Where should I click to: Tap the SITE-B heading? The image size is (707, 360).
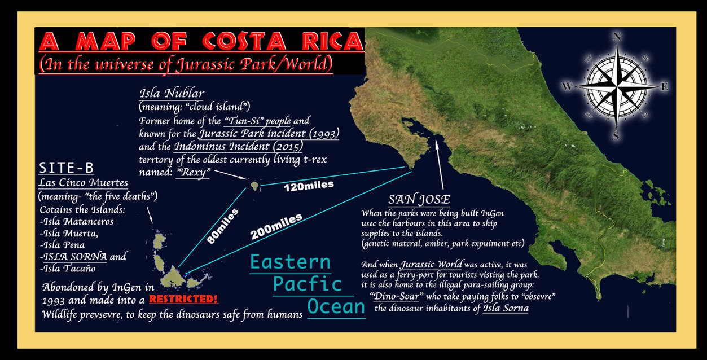click(x=66, y=168)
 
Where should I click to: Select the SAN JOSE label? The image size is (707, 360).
click(x=419, y=200)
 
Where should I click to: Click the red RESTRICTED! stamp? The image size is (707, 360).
click(x=183, y=299)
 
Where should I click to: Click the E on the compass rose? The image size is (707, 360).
click(x=664, y=87)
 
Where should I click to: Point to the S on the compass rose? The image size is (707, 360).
click(x=616, y=136)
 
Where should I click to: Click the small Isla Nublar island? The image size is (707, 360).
click(x=255, y=185)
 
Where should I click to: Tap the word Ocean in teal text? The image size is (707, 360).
click(x=336, y=306)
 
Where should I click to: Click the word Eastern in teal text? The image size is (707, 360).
click(x=290, y=262)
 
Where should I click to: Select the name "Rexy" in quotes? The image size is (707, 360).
click(x=192, y=173)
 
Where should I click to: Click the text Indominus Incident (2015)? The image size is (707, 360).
click(x=238, y=147)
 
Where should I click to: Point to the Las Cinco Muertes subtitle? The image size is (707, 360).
click(x=83, y=183)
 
